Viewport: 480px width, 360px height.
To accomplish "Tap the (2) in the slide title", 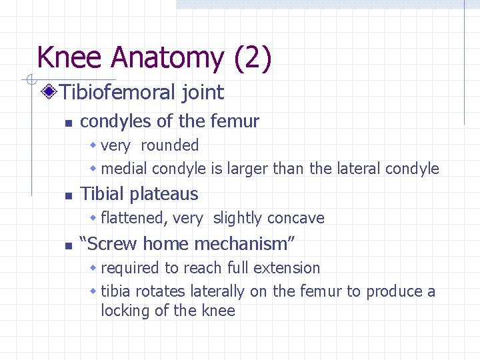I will coord(253,58).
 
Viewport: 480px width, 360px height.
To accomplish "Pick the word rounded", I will coord(170,145).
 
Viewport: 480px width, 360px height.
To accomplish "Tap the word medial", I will coord(125,169).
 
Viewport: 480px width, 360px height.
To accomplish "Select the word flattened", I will coord(132,218).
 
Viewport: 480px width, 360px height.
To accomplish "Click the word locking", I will coord(125,311).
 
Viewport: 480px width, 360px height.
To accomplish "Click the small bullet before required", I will coord(94,268).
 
